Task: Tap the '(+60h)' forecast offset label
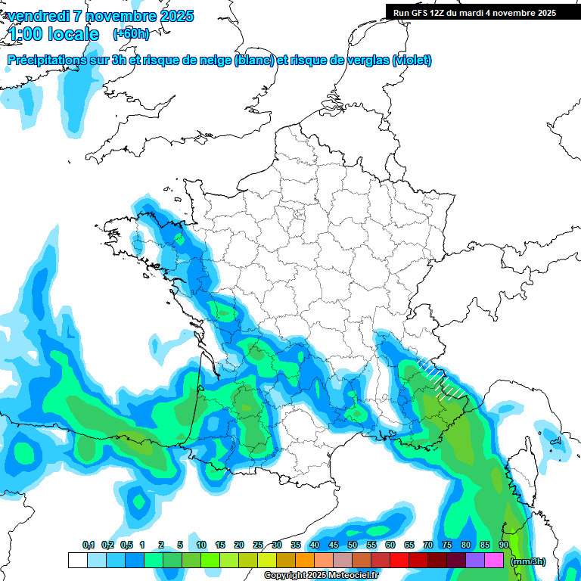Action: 131,33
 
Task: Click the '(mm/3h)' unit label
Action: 527,561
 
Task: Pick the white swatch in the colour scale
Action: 77,560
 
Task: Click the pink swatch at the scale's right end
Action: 494,560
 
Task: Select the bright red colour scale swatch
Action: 399,560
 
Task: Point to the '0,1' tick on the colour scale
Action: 88,545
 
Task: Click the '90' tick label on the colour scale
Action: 503,545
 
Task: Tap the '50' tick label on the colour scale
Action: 353,545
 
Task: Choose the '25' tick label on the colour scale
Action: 258,545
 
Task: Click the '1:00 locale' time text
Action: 54,34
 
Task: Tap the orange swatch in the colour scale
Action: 305,560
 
